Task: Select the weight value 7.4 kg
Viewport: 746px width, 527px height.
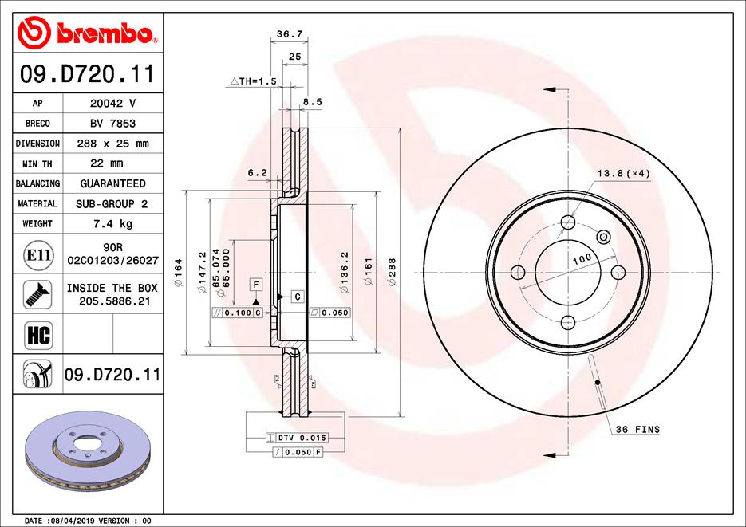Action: (x=112, y=223)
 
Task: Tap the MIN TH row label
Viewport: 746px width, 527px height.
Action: (x=37, y=164)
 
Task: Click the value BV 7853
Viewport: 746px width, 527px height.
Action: (x=112, y=124)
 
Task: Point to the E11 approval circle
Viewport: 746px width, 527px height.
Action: (x=38, y=255)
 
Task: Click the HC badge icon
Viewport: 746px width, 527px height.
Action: (x=38, y=334)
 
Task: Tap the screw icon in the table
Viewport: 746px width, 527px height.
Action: (x=37, y=295)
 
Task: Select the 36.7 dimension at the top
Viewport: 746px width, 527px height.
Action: (x=290, y=34)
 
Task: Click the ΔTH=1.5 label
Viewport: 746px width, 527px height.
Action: (x=254, y=81)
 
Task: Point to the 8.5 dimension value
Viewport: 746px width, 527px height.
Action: (x=313, y=102)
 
